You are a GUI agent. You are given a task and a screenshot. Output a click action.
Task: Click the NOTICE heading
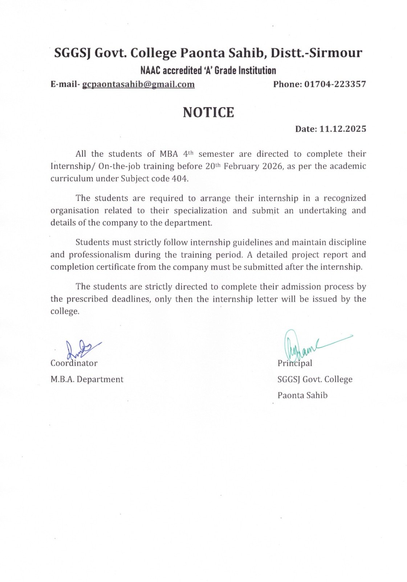click(208, 112)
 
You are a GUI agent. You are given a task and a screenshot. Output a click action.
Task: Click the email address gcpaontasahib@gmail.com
click(138, 84)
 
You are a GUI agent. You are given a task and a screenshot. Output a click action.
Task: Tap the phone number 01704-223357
click(335, 84)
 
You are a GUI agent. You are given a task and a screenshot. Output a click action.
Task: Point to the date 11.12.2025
click(343, 129)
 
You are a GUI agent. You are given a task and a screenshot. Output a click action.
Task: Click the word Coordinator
click(74, 363)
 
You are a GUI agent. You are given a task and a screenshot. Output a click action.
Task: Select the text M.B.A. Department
click(87, 379)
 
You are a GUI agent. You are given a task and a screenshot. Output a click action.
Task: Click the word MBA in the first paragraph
click(169, 154)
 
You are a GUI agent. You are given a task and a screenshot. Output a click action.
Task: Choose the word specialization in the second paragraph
click(200, 211)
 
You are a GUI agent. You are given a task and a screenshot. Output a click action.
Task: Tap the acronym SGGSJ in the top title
click(72, 53)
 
